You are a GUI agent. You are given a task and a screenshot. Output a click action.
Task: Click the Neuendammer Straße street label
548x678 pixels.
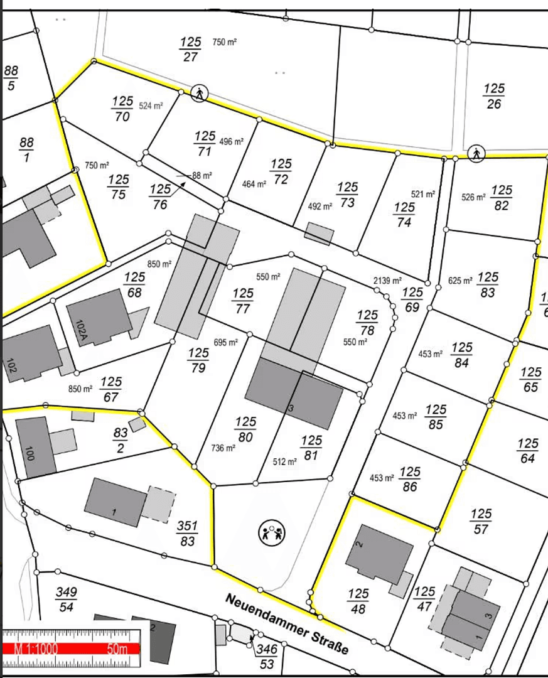pos(286,625)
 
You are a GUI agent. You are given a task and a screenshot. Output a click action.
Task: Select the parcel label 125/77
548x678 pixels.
pos(243,301)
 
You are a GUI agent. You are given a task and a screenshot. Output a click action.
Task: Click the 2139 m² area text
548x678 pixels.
pos(387,281)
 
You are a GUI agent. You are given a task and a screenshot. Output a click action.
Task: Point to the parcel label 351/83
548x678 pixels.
pos(187,533)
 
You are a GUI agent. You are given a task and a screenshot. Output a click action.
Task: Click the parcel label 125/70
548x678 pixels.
pos(122,109)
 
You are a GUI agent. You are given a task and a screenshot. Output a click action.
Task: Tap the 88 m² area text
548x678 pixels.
pos(202,176)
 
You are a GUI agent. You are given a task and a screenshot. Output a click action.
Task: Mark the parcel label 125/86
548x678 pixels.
pos(410,478)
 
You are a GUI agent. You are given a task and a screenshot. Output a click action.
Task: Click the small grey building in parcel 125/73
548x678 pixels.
pos(319,234)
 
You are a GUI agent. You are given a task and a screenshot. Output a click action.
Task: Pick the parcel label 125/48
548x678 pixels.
pos(358,601)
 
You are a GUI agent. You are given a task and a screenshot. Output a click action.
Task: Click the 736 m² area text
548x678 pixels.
pos(223,448)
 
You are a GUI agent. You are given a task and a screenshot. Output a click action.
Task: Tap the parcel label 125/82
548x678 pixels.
pos(502,197)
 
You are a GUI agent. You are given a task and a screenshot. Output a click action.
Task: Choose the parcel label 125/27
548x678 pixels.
pos(190,49)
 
